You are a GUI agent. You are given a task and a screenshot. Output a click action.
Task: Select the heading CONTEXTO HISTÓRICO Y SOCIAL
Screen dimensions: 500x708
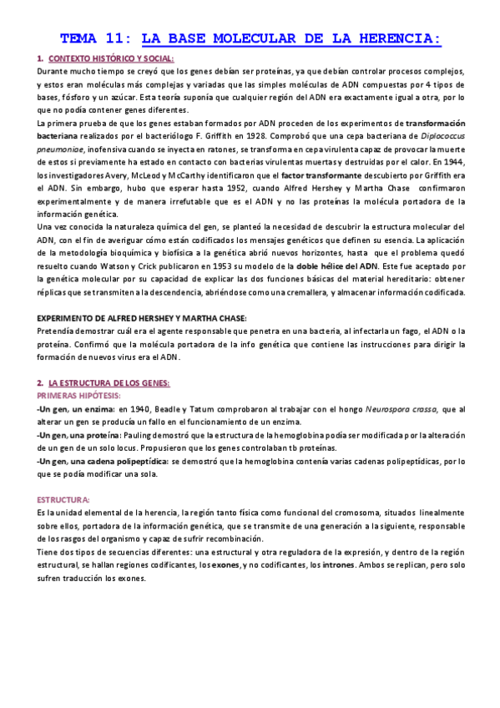tap(112, 58)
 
